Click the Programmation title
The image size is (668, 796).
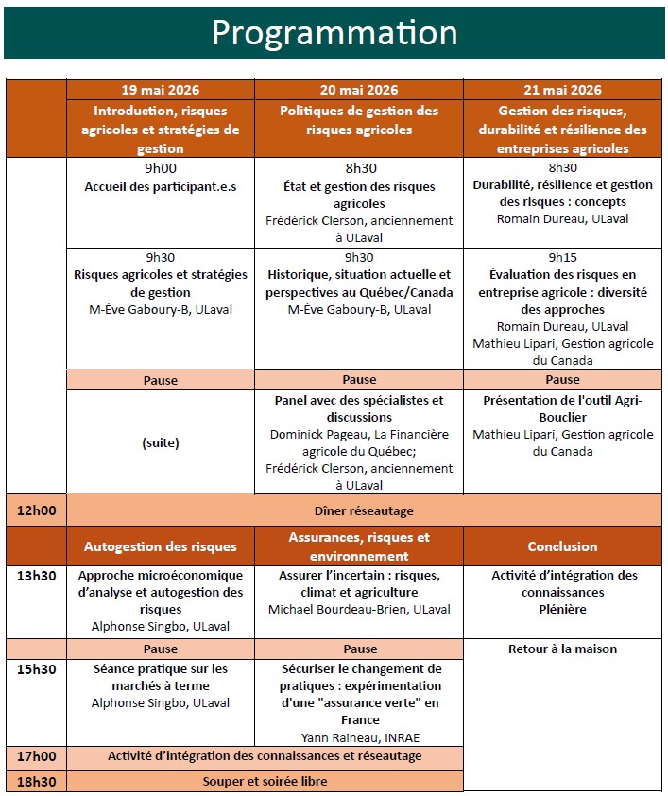tap(334, 32)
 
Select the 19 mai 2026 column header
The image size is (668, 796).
tap(161, 91)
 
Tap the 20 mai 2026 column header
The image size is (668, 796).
tap(359, 91)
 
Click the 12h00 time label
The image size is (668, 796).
tap(36, 510)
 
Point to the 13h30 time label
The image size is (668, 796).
tap(36, 575)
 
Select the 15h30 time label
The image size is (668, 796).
tap(36, 668)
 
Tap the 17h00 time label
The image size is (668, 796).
tap(36, 756)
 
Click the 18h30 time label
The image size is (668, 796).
tap(36, 782)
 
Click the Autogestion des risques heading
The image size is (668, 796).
tap(161, 546)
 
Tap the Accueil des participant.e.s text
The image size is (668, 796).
tap(161, 186)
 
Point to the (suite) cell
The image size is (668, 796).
tap(161, 442)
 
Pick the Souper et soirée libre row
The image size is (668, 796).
tap(265, 782)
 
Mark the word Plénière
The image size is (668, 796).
tap(565, 610)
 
